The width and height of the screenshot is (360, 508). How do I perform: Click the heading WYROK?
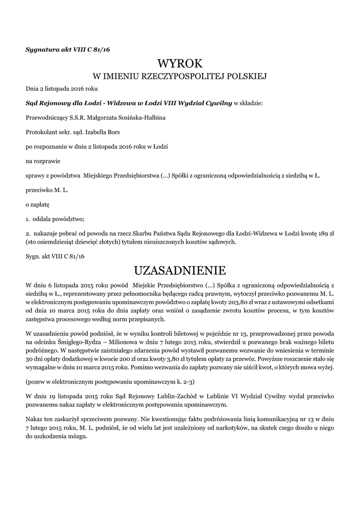click(180, 63)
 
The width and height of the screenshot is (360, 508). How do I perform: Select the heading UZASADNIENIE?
click(180, 270)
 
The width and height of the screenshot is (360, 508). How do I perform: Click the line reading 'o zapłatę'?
click(38, 204)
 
